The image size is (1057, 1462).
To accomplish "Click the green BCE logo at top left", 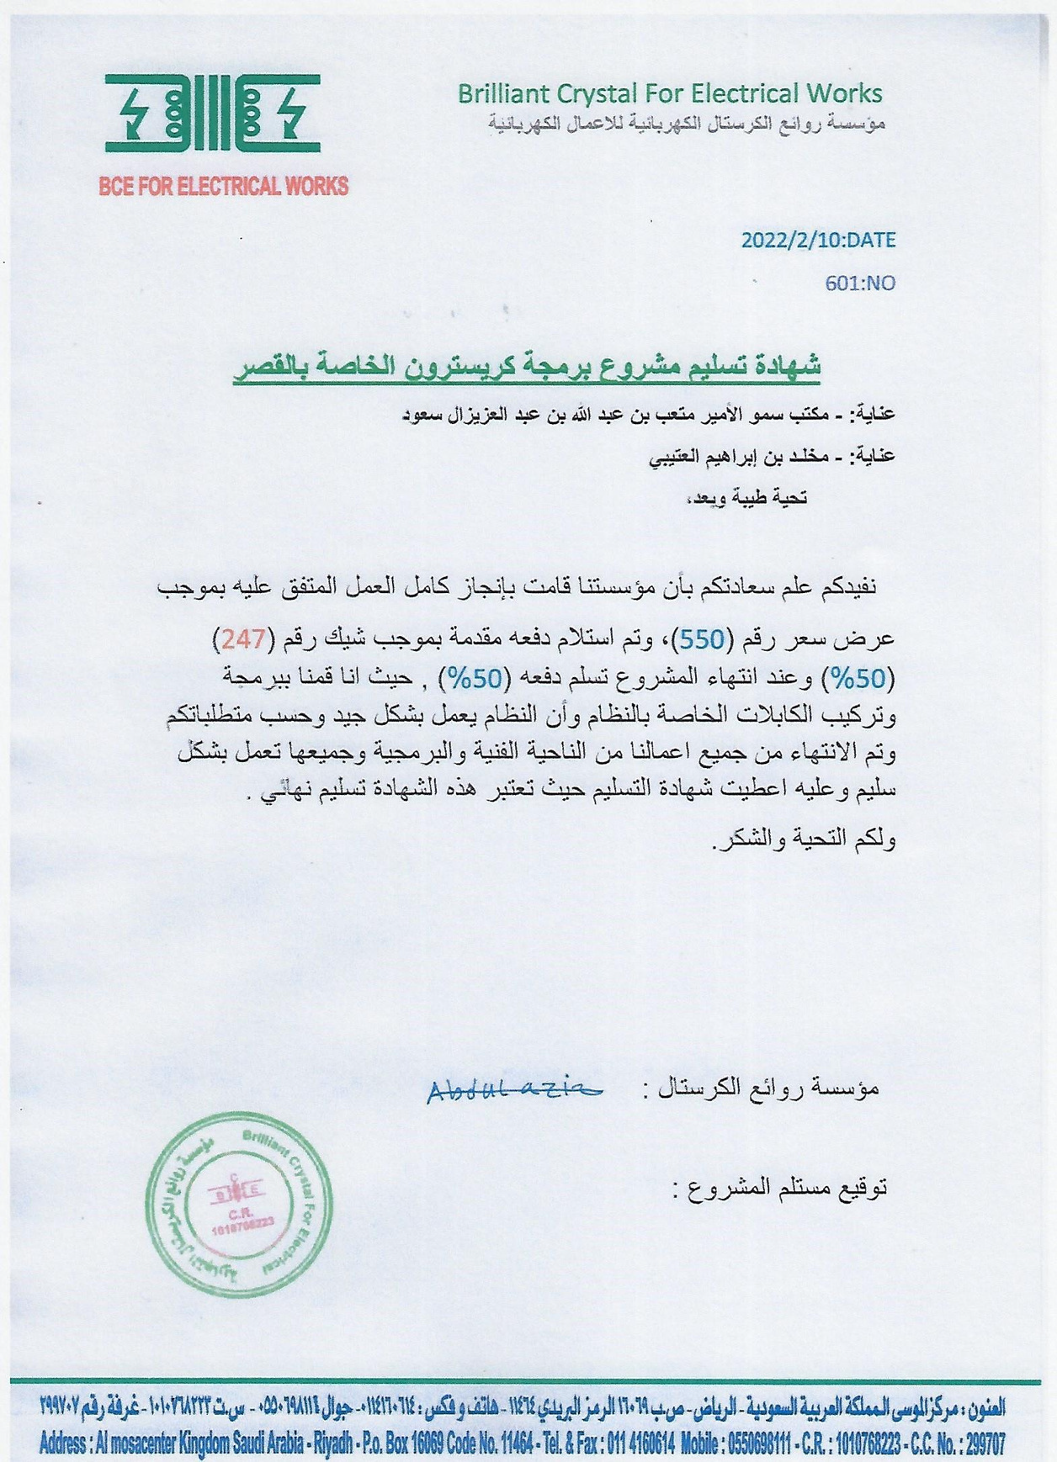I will (x=212, y=113).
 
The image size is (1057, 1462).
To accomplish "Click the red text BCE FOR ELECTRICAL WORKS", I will (x=223, y=186).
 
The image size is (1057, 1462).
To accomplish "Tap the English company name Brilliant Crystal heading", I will (x=669, y=93).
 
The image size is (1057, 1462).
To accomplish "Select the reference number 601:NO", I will (x=860, y=283).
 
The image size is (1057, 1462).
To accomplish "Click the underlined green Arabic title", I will (x=527, y=368).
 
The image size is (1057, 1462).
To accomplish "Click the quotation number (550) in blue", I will (x=701, y=640).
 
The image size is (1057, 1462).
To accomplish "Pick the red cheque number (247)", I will (x=243, y=640).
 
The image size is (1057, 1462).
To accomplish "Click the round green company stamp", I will (x=238, y=1205).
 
